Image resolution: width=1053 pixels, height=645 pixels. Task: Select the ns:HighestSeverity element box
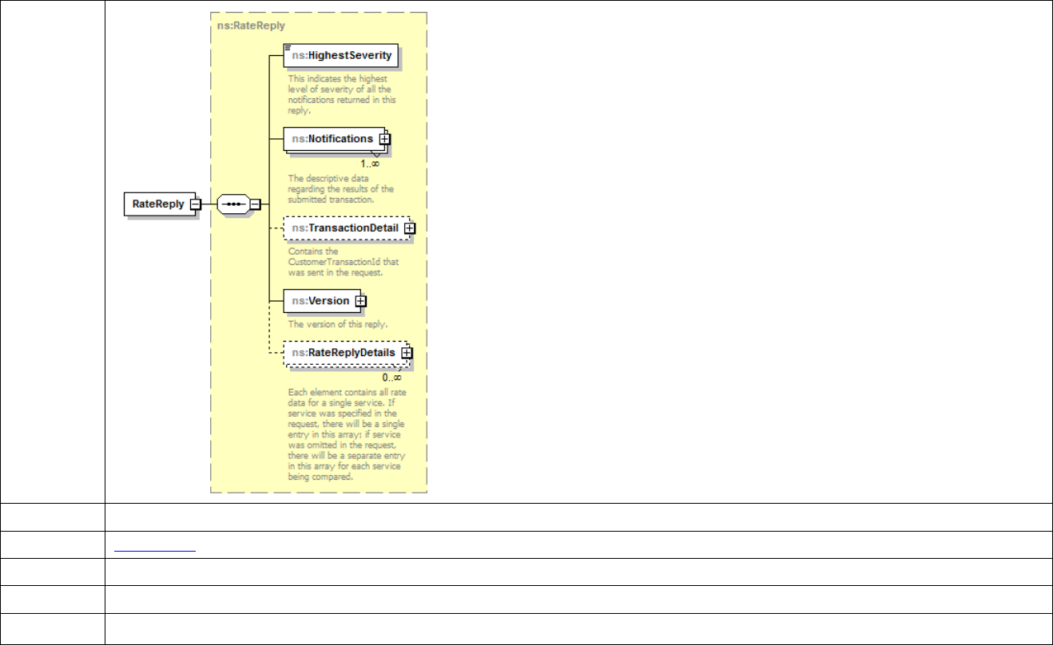pyautogui.click(x=342, y=55)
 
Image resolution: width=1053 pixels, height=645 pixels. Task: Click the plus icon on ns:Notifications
pyautogui.click(x=385, y=139)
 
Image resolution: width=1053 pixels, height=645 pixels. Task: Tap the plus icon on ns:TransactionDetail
pyautogui.click(x=410, y=228)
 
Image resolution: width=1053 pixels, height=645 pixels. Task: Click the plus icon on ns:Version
pyautogui.click(x=360, y=301)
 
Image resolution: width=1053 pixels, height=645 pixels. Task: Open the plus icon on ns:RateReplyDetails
pyautogui.click(x=407, y=352)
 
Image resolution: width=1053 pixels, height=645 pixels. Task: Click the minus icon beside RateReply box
pyautogui.click(x=195, y=204)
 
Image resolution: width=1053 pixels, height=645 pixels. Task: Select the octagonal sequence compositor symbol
pyautogui.click(x=232, y=204)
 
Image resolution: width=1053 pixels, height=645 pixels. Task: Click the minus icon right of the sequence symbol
pyautogui.click(x=255, y=204)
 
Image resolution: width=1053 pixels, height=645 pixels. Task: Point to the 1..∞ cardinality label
pyautogui.click(x=369, y=163)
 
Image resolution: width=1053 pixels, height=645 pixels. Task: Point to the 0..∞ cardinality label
pyautogui.click(x=391, y=377)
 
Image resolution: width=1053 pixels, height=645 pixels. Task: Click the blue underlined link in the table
pyautogui.click(x=154, y=545)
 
